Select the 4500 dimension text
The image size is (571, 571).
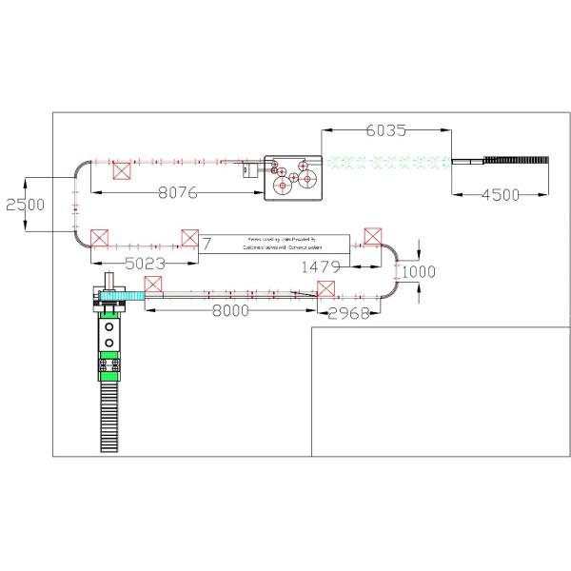click(x=500, y=195)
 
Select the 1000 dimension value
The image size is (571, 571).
click(x=419, y=272)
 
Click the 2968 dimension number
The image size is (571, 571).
click(x=349, y=314)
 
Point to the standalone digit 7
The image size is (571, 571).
click(x=207, y=245)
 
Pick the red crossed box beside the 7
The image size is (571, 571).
click(x=189, y=238)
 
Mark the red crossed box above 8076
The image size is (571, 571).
click(x=121, y=171)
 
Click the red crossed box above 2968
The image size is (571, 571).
click(x=326, y=290)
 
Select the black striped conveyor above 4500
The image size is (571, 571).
click(x=518, y=161)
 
